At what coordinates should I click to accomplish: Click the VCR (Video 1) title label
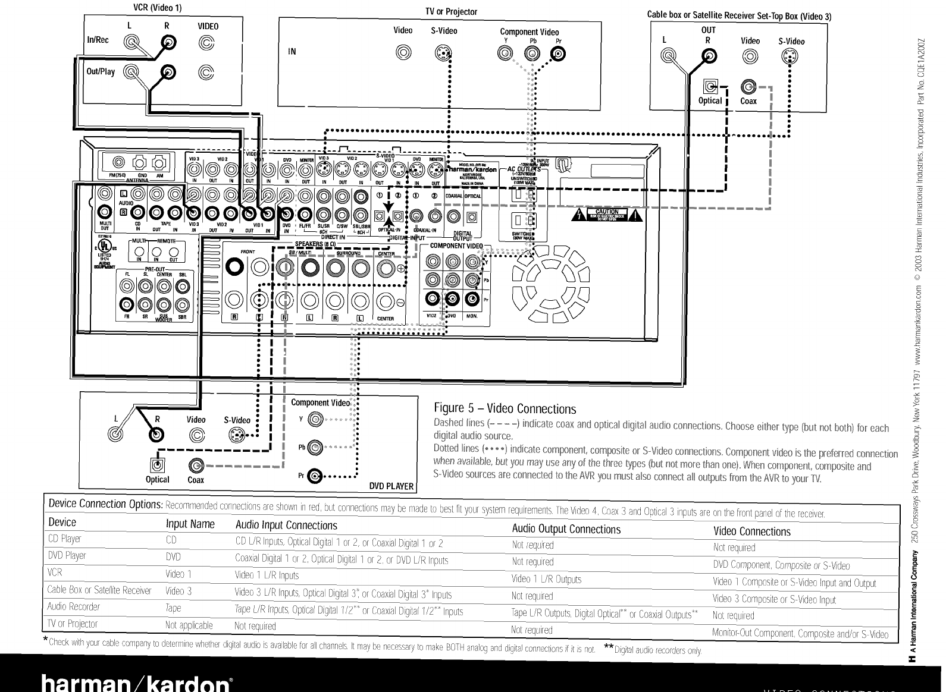(158, 8)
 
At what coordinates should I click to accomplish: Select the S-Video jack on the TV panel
(443, 54)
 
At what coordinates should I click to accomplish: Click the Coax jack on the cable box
(748, 87)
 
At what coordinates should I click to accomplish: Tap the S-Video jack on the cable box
(790, 57)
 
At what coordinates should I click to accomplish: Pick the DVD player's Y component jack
(315, 420)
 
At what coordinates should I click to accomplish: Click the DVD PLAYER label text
(391, 486)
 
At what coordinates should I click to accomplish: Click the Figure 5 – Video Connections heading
(505, 409)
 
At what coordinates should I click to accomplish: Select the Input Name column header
(190, 524)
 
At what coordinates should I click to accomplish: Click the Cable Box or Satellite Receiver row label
(99, 590)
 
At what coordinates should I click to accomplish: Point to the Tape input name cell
(173, 608)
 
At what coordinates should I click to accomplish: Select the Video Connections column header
(751, 531)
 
